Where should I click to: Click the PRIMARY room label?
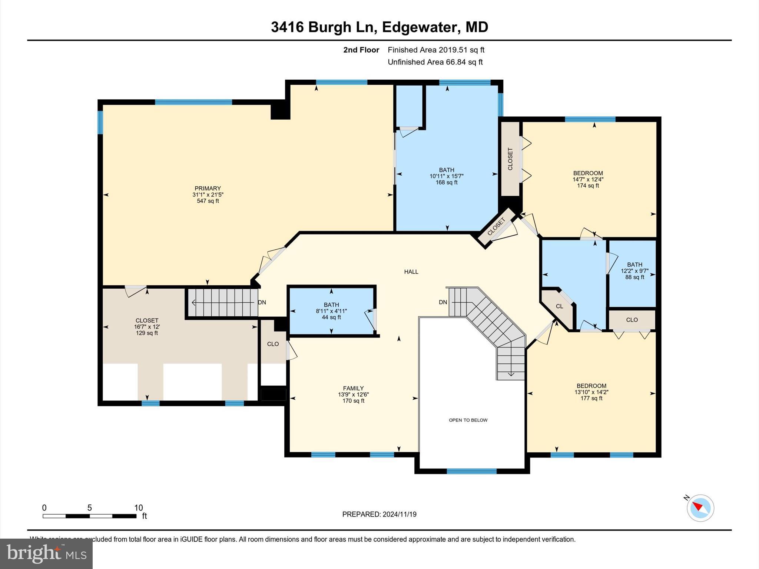click(208, 188)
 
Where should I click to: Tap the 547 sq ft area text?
click(208, 201)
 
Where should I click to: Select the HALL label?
click(411, 272)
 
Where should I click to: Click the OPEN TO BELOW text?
click(468, 420)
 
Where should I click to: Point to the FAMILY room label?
click(353, 388)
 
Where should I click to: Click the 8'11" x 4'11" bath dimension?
click(331, 311)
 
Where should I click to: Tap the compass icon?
click(700, 508)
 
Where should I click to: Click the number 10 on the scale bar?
click(138, 508)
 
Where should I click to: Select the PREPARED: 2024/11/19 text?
click(379, 514)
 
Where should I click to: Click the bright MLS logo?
click(46, 553)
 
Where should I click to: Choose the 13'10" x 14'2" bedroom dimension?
click(591, 392)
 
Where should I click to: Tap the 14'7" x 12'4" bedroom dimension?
click(588, 179)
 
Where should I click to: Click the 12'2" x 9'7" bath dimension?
click(634, 271)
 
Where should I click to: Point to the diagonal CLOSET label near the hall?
click(496, 227)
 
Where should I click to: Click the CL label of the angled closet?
click(559, 306)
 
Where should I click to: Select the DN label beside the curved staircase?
click(443, 302)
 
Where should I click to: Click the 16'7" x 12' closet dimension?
click(147, 327)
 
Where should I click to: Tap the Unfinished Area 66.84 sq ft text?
click(435, 62)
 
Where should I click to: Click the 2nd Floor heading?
click(361, 50)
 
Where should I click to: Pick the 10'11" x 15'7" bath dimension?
click(446, 176)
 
